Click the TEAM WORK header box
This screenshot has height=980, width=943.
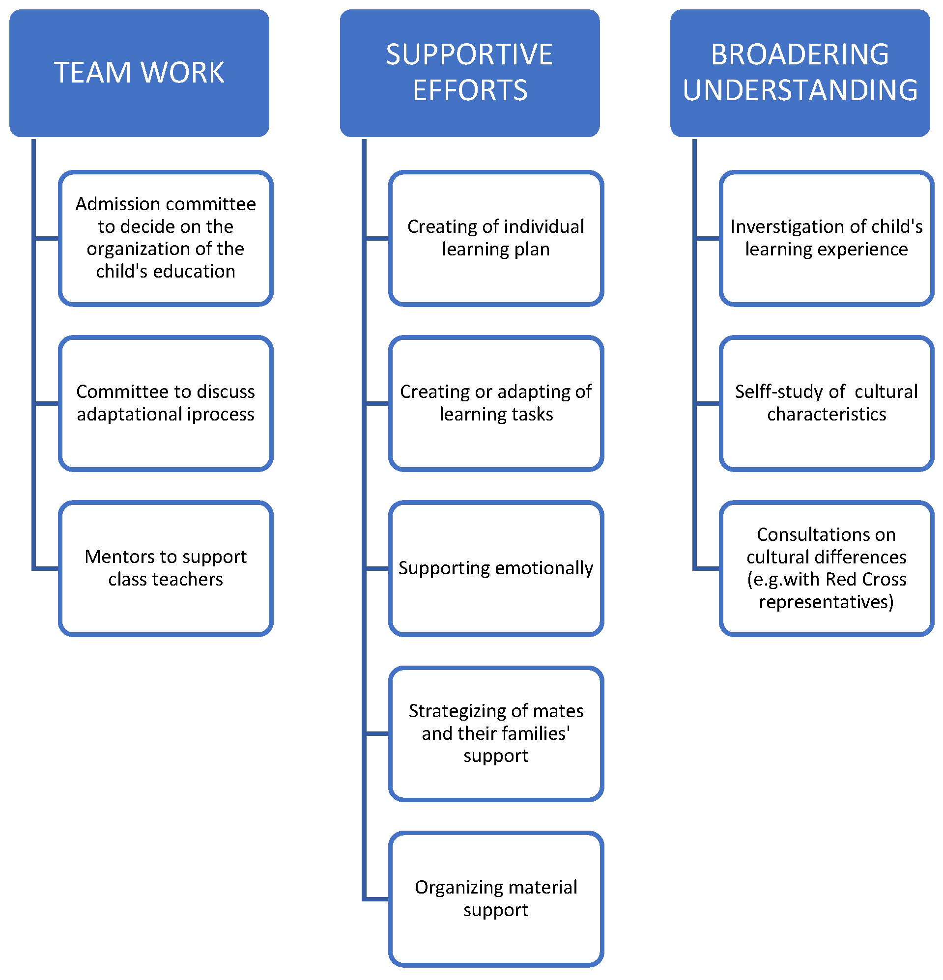pos(139,73)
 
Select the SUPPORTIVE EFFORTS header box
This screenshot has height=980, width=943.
pos(469,73)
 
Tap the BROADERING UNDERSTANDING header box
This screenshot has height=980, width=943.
pos(800,73)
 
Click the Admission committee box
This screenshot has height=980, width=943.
pos(166,238)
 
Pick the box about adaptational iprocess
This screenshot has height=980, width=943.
pos(166,403)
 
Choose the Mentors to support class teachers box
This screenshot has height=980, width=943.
pos(166,568)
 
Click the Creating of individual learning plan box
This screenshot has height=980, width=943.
pos(496,238)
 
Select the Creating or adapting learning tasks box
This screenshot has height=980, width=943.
pos(496,403)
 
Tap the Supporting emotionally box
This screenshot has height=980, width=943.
pos(496,568)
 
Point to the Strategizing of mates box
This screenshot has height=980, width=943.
pos(496,733)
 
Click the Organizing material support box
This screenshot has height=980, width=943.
pos(496,898)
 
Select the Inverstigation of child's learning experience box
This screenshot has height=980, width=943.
pos(826,238)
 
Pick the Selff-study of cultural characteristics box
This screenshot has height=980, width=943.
pos(826,403)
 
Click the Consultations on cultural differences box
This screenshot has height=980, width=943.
pos(826,568)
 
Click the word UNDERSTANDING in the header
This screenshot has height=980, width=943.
pos(800,90)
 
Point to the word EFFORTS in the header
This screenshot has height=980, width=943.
pos(469,90)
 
